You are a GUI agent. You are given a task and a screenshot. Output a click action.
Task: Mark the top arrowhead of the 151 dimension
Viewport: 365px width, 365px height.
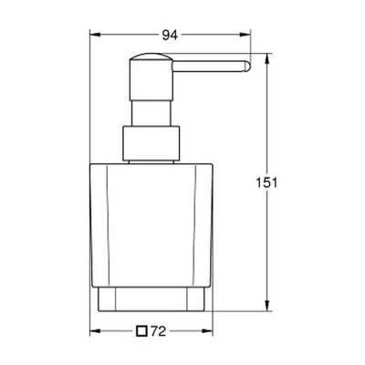click(x=266, y=59)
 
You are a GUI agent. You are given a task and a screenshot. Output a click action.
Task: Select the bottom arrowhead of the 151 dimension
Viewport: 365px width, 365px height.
click(x=266, y=306)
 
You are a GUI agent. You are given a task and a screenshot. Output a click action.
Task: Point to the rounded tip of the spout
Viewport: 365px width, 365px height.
click(x=245, y=67)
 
